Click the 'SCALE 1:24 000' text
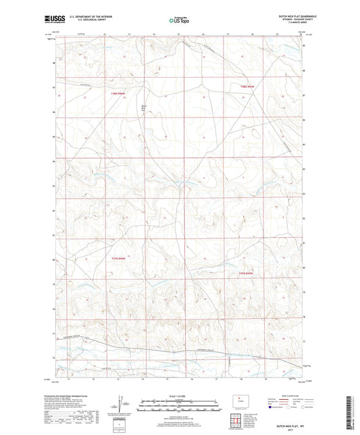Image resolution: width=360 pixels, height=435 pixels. [180, 395]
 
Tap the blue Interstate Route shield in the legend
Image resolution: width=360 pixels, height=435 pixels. [272, 407]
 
